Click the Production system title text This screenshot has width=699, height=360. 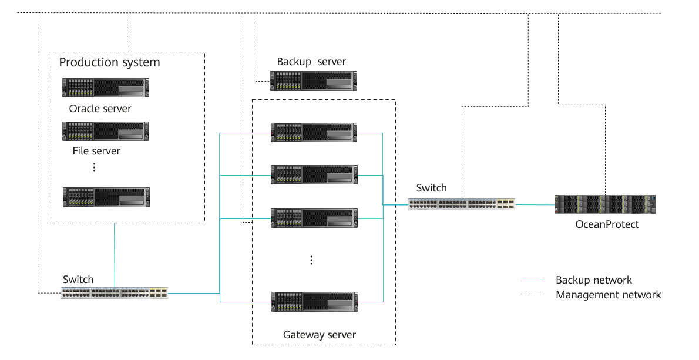pyautogui.click(x=109, y=62)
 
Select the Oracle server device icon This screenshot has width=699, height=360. pyautogui.click(x=106, y=88)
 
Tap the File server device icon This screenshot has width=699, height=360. pyautogui.click(x=106, y=131)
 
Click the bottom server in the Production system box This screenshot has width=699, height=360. pyautogui.click(x=106, y=197)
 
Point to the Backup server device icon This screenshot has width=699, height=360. pyautogui.click(x=314, y=81)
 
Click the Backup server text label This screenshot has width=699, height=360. pyautogui.click(x=311, y=62)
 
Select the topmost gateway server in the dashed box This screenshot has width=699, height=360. pyautogui.click(x=314, y=132)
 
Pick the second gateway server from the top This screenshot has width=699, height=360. pyautogui.click(x=314, y=175)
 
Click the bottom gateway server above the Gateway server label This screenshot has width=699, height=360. pyautogui.click(x=314, y=302)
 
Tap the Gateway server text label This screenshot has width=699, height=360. pyautogui.click(x=320, y=335)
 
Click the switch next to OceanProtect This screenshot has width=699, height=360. pyautogui.click(x=461, y=204)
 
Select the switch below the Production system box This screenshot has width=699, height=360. pyautogui.click(x=114, y=293)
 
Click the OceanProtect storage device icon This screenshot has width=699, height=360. pyautogui.click(x=604, y=204)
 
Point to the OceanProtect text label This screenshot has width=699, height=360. pyautogui.click(x=607, y=224)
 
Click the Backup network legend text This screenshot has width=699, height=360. pyautogui.click(x=594, y=280)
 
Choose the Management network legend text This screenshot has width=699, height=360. pyautogui.click(x=608, y=295)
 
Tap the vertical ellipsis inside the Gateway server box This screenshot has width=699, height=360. pyautogui.click(x=311, y=260)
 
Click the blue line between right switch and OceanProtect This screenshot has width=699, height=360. pyautogui.click(x=535, y=204)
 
